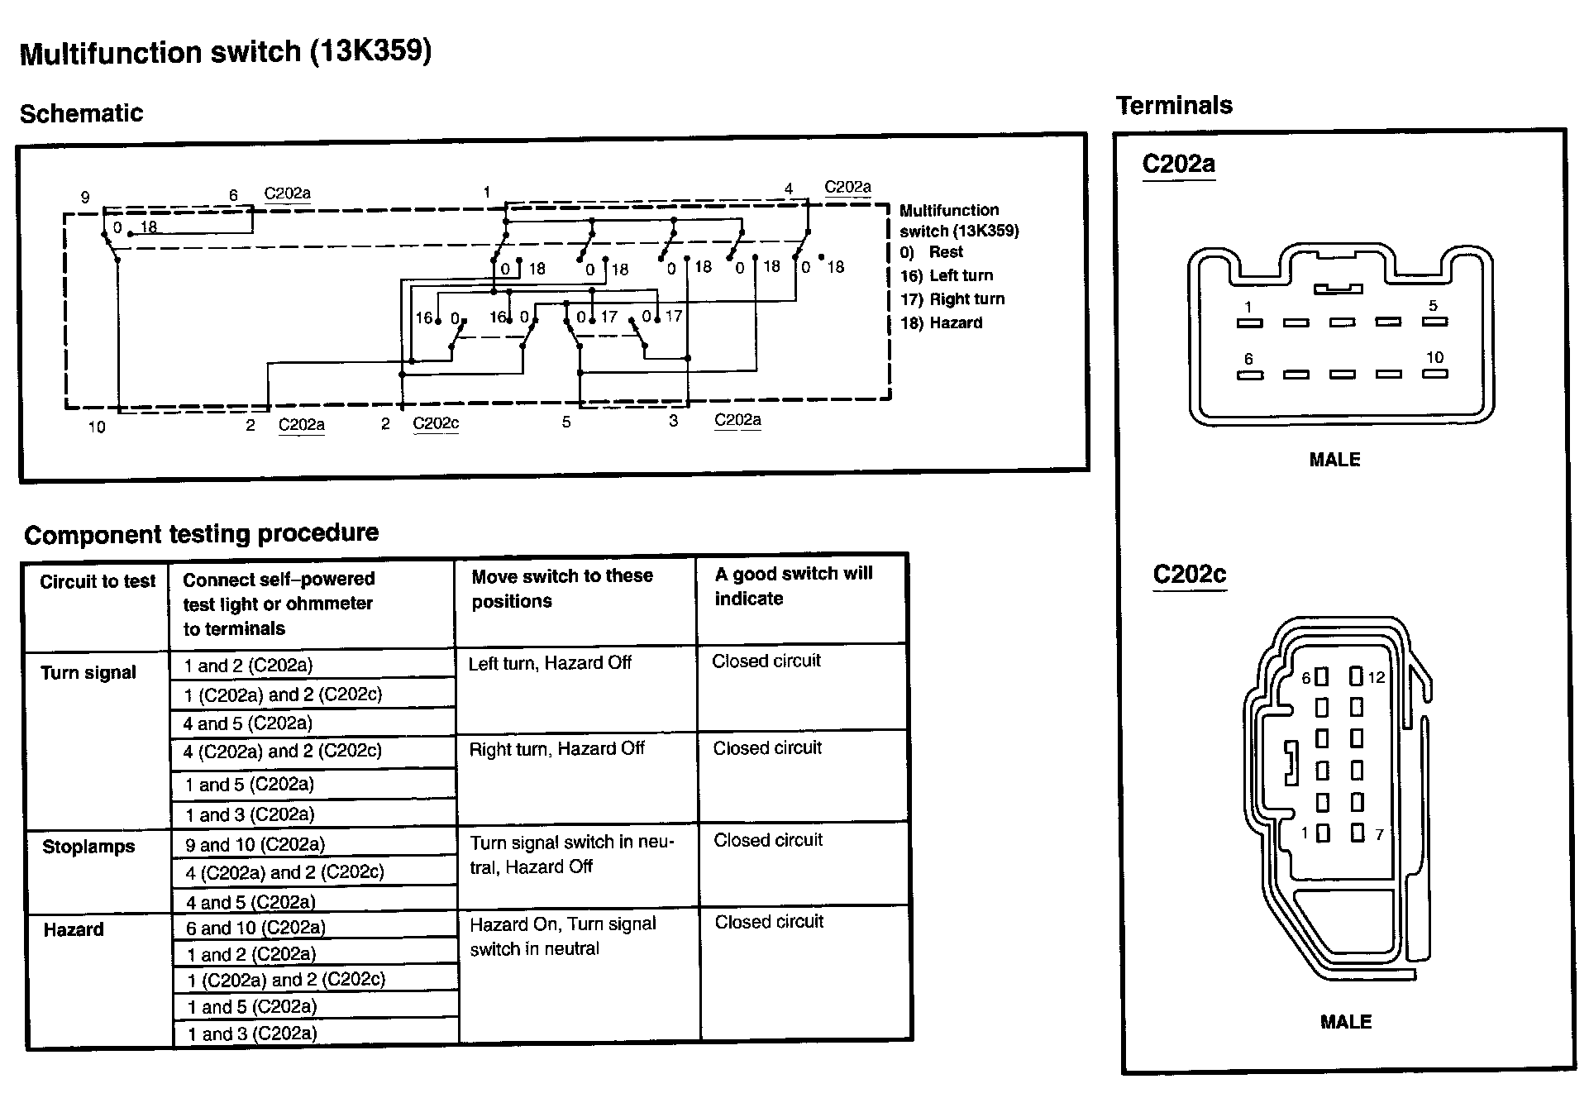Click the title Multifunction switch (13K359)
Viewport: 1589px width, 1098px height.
click(225, 52)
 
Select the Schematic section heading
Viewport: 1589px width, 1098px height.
click(81, 113)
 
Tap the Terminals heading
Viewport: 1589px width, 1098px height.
click(1174, 105)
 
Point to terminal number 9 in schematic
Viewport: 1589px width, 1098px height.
click(85, 197)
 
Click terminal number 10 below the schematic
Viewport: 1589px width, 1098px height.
click(97, 427)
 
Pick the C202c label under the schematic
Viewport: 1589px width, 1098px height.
click(435, 423)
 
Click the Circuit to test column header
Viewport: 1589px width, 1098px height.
click(98, 581)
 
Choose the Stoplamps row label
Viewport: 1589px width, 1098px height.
click(88, 847)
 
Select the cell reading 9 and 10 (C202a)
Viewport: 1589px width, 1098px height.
click(255, 844)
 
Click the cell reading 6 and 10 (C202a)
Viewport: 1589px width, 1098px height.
click(255, 928)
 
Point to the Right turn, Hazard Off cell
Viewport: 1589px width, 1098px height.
click(556, 749)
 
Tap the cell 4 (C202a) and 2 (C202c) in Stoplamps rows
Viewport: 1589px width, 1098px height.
click(284, 871)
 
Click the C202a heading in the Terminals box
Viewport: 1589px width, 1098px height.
click(1178, 164)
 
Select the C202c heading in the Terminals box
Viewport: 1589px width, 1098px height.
click(1189, 574)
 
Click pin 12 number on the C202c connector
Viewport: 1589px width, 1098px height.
click(1376, 678)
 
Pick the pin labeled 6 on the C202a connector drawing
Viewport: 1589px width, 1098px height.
click(1248, 360)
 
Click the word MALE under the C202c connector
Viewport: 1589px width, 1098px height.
click(1345, 1022)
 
